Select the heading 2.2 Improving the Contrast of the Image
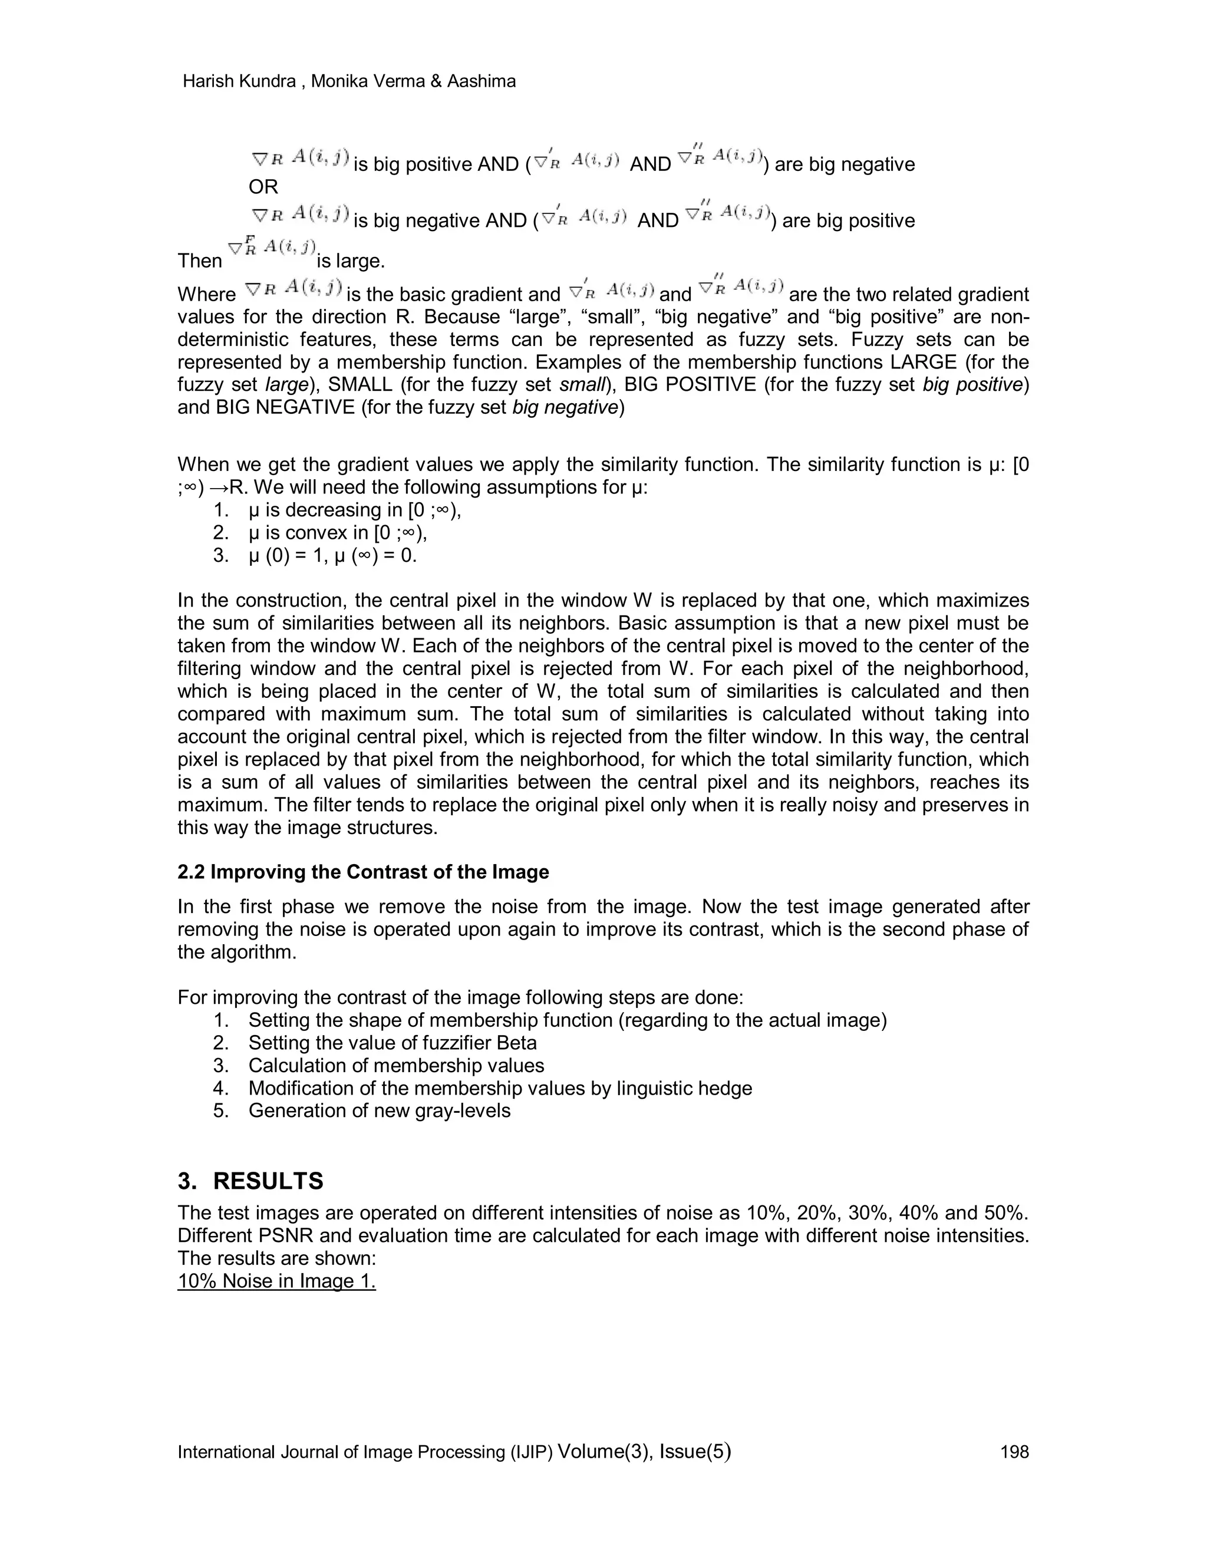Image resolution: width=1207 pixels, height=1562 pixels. tap(363, 872)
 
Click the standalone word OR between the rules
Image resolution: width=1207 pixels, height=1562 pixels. tap(263, 187)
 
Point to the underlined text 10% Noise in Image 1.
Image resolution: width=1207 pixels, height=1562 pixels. tap(277, 1280)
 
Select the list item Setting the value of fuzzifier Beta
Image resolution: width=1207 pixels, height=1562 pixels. tap(392, 1042)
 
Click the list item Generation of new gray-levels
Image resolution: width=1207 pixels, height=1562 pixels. tap(379, 1110)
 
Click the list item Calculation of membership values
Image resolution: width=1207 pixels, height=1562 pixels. tap(396, 1065)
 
